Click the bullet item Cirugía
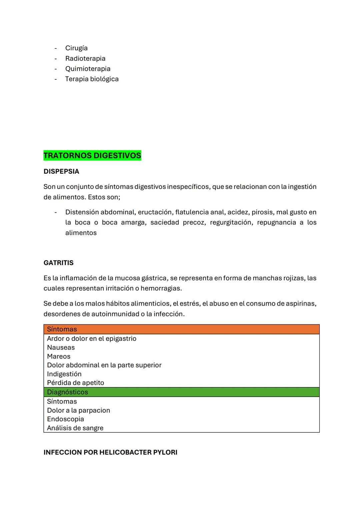point(76,48)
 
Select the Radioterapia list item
point(85,58)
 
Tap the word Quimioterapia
point(88,69)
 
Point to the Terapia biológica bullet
point(92,79)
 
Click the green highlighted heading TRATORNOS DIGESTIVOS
point(92,156)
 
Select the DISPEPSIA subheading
point(61,171)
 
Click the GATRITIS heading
point(58,263)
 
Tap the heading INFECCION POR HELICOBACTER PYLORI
point(110,452)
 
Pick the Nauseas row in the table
point(61,347)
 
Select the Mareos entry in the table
point(59,356)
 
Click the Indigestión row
point(64,374)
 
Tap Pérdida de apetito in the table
point(75,383)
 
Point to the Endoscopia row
point(65,419)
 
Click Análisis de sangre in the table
point(75,428)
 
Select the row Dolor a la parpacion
point(78,410)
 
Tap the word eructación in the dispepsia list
point(154,212)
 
